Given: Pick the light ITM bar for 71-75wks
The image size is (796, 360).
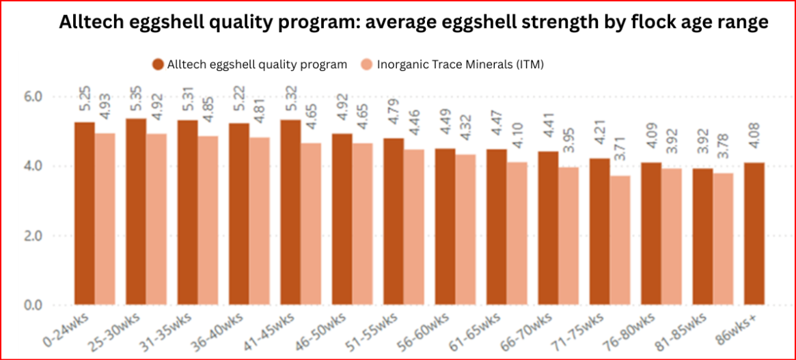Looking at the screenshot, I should tap(620, 240).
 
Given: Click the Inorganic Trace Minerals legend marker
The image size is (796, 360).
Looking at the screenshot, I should tap(367, 64).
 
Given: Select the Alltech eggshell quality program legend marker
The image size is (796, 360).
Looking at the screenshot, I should tap(157, 64).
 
